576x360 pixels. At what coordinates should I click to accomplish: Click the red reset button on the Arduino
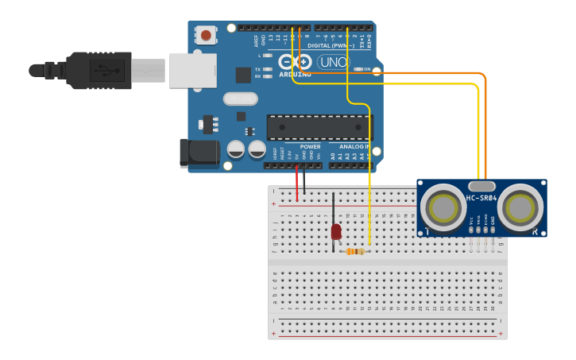click(x=207, y=35)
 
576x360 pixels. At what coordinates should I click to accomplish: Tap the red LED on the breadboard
click(x=335, y=231)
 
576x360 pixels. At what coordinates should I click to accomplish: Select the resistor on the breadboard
click(x=355, y=251)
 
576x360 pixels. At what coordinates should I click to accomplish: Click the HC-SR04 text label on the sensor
click(x=481, y=198)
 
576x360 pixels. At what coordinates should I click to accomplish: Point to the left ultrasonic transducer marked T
click(x=443, y=207)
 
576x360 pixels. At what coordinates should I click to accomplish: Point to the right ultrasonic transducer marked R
click(x=520, y=207)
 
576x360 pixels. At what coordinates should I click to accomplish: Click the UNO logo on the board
click(x=333, y=62)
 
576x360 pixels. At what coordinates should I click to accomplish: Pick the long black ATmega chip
click(x=318, y=127)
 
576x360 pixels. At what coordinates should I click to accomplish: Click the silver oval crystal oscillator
click(x=240, y=99)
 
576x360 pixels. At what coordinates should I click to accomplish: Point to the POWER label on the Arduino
click(x=311, y=147)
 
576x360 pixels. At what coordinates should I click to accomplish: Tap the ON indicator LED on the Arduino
click(x=357, y=70)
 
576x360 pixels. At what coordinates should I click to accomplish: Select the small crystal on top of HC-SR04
click(x=481, y=185)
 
